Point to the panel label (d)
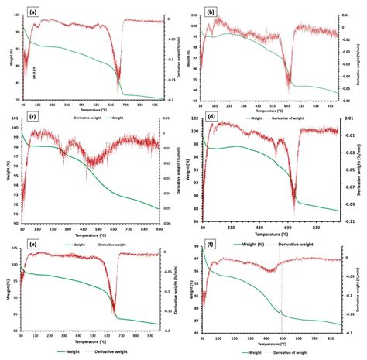[x=211, y=121]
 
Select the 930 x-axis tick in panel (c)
[x=158, y=230]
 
